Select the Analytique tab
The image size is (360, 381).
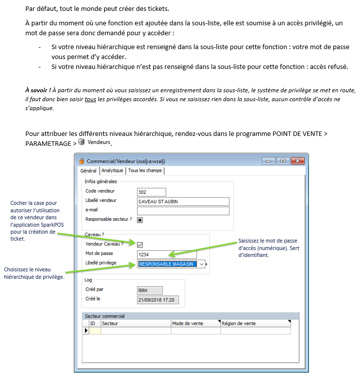click(113, 171)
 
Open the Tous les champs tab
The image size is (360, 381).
click(145, 171)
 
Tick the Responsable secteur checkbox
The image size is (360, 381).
click(140, 220)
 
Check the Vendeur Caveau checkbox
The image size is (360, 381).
click(140, 245)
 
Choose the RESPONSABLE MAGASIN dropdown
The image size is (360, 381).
click(171, 264)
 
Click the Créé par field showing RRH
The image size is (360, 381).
click(149, 291)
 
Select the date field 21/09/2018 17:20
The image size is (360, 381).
click(158, 301)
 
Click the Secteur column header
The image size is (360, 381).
click(135, 323)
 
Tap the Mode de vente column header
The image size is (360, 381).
click(195, 323)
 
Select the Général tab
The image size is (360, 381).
click(88, 171)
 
